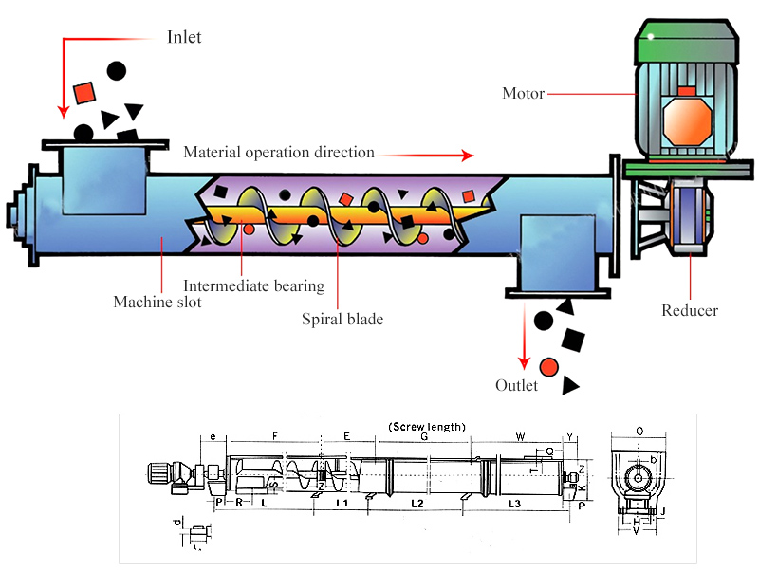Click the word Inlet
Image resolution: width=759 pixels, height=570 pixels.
pyautogui.click(x=184, y=38)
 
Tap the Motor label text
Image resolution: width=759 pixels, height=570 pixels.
pyautogui.click(x=523, y=94)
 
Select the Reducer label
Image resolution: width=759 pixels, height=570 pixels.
pyautogui.click(x=689, y=311)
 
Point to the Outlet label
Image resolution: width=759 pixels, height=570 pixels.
pyautogui.click(x=516, y=386)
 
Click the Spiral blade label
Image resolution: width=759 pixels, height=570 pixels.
pyautogui.click(x=342, y=320)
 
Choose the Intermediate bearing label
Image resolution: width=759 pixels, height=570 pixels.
pyautogui.click(x=253, y=285)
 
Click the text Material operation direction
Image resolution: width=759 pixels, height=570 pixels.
pyautogui.click(x=279, y=153)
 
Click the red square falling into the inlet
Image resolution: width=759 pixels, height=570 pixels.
pyautogui.click(x=83, y=92)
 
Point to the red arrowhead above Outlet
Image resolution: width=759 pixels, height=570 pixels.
pyautogui.click(x=523, y=363)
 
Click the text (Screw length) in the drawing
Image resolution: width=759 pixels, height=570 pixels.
pyautogui.click(x=428, y=427)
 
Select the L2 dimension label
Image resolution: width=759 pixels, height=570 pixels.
pyautogui.click(x=417, y=503)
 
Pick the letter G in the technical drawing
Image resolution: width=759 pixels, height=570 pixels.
pyautogui.click(x=424, y=437)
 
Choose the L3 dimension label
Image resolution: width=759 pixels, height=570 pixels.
pyautogui.click(x=515, y=503)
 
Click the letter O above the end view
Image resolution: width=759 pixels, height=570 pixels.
pyautogui.click(x=639, y=432)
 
